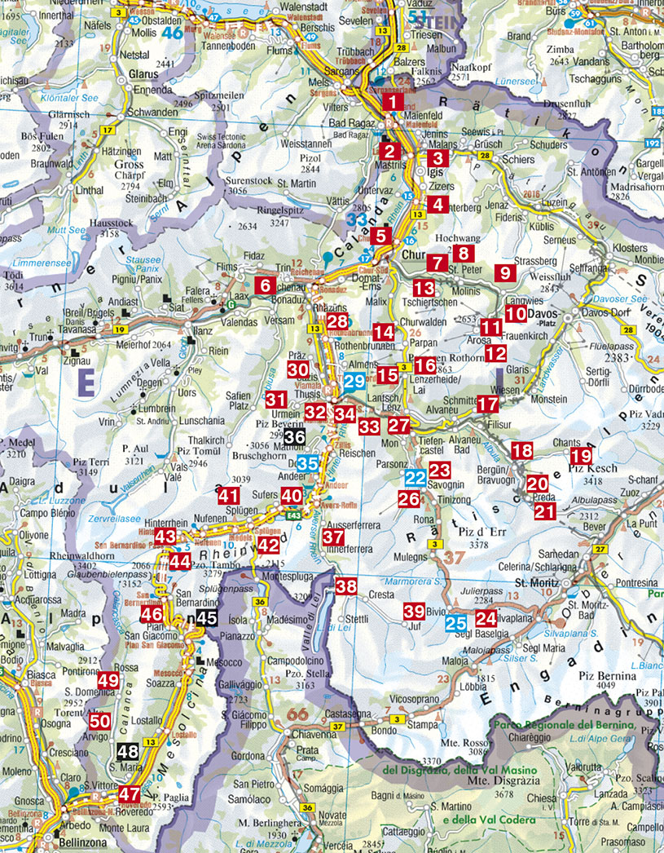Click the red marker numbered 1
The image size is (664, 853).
393,103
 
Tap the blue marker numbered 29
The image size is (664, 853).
354,381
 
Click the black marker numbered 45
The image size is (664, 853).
207,617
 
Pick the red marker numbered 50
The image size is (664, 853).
99,721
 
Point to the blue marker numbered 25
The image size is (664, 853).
455,625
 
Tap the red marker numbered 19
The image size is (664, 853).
581,457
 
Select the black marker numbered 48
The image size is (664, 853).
127,752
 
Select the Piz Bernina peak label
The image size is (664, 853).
606,675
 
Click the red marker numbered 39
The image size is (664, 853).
414,611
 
